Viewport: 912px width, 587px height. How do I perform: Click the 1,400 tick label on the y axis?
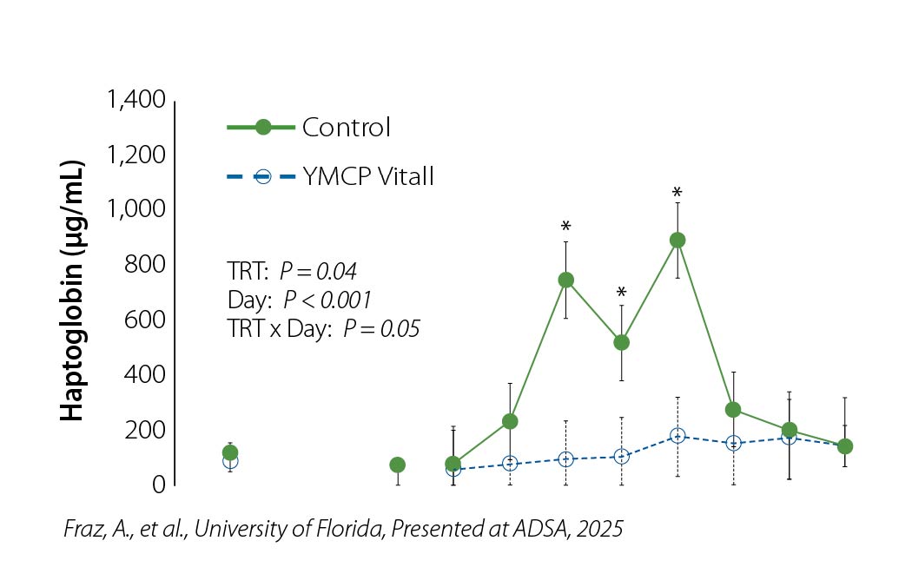pyautogui.click(x=135, y=100)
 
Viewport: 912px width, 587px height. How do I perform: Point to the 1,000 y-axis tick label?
pyautogui.click(x=135, y=210)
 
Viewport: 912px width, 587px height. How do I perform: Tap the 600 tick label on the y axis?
pyautogui.click(x=145, y=320)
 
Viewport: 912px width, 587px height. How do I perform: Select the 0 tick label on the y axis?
pyautogui.click(x=159, y=485)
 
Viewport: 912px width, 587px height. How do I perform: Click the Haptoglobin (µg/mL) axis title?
pyautogui.click(x=73, y=292)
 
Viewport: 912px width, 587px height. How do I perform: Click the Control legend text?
pyautogui.click(x=347, y=128)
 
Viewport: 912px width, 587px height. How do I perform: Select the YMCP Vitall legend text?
pyautogui.click(x=368, y=177)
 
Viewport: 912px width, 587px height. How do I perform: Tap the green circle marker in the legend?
pyautogui.click(x=263, y=128)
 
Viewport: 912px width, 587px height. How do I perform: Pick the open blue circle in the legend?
pyautogui.click(x=263, y=177)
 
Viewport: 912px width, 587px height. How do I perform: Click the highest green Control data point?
pyautogui.click(x=677, y=240)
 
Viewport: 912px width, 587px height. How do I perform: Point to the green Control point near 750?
pyautogui.click(x=565, y=280)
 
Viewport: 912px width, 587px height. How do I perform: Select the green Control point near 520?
pyautogui.click(x=621, y=342)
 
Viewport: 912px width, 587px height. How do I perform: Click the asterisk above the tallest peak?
pyautogui.click(x=677, y=192)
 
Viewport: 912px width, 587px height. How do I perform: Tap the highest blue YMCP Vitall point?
pyautogui.click(x=677, y=436)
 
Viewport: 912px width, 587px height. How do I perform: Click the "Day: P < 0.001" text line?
pyautogui.click(x=298, y=300)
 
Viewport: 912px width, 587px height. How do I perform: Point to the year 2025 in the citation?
pyautogui.click(x=604, y=529)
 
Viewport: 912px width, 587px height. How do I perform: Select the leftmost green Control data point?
pyautogui.click(x=230, y=452)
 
